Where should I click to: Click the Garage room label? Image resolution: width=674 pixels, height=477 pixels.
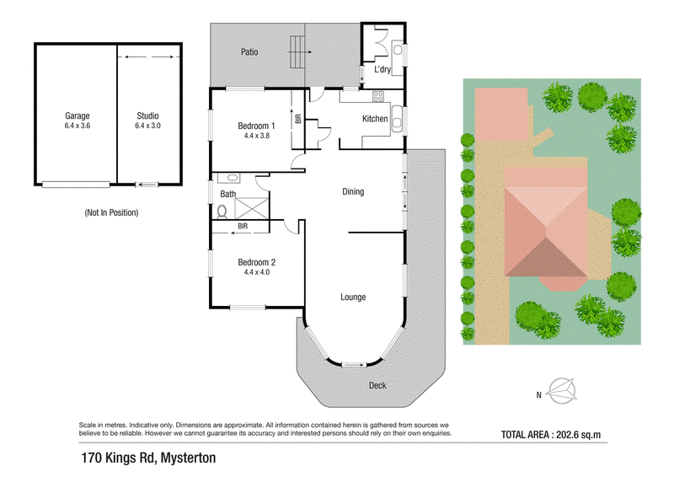click(x=78, y=115)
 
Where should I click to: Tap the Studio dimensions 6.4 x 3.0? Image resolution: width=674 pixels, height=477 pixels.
click(x=148, y=126)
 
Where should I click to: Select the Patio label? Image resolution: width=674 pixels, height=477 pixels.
click(x=249, y=52)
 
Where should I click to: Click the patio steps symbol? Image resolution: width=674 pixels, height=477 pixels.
click(x=297, y=52)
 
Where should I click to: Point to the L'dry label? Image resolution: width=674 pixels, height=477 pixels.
click(x=382, y=69)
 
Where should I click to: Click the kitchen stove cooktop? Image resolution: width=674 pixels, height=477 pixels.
click(x=378, y=96)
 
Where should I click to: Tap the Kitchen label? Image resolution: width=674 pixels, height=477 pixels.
click(x=375, y=119)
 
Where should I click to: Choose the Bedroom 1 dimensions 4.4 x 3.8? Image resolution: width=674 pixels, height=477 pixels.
click(x=257, y=136)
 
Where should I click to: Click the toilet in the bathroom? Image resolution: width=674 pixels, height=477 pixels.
click(x=222, y=212)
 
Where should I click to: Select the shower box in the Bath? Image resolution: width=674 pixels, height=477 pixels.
click(x=252, y=209)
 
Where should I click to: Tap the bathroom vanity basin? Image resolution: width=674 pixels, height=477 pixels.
click(x=233, y=177)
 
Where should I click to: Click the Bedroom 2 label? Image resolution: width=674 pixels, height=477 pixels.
click(x=257, y=262)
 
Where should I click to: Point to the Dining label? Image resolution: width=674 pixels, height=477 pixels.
click(x=353, y=192)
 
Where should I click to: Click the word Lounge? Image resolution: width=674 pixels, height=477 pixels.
click(x=353, y=297)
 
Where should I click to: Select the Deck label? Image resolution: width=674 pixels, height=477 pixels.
click(x=377, y=385)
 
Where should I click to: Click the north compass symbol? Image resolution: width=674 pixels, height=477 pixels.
click(x=562, y=391)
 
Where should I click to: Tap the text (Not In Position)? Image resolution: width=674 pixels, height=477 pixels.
click(x=111, y=212)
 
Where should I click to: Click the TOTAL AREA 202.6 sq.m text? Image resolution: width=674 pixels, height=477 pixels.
click(x=551, y=435)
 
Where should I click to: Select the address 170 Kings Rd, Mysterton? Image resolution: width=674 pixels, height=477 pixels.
click(x=149, y=458)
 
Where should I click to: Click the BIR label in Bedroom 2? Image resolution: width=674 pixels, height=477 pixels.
click(x=243, y=226)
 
